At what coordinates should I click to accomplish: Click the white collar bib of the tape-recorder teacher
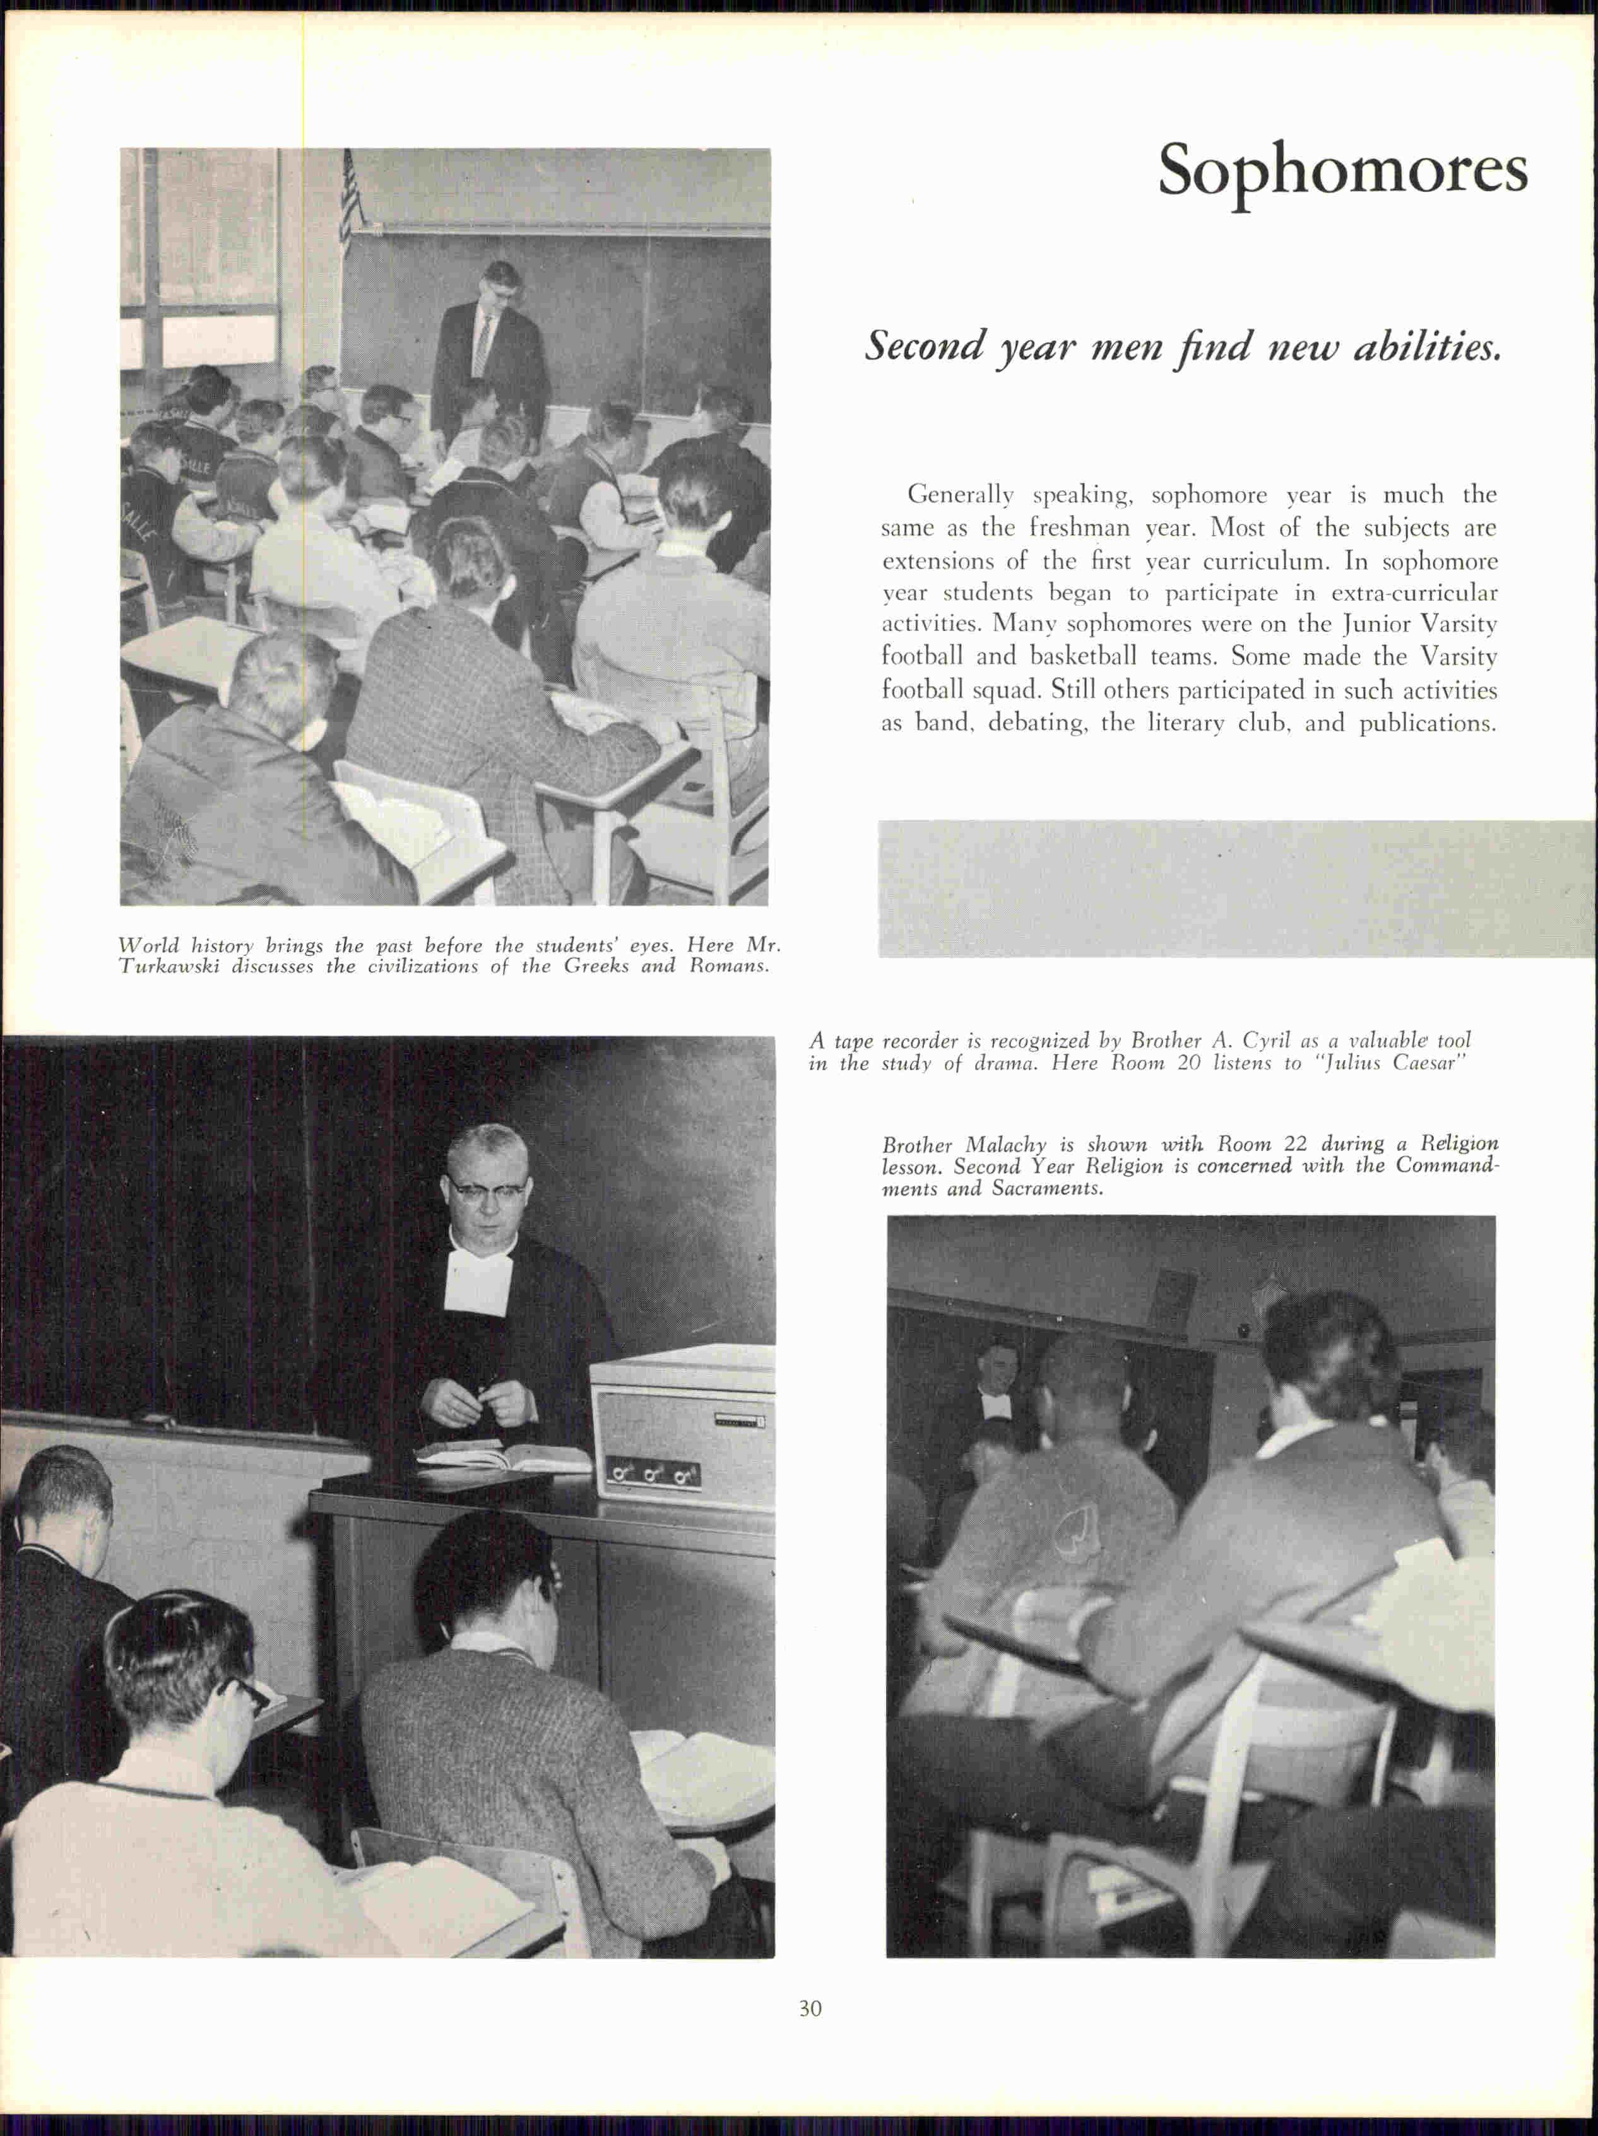tap(476, 1278)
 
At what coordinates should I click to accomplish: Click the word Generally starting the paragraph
tap(961, 495)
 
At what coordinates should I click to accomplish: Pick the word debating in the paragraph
tap(1046, 723)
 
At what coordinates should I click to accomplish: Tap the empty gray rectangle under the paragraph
tap(1236, 888)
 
